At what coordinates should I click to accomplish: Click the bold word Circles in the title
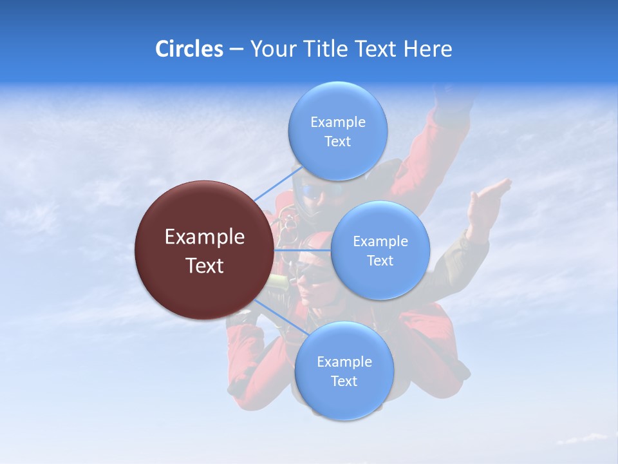coord(189,49)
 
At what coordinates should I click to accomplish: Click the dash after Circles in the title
coord(236,50)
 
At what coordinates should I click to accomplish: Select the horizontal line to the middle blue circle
coord(303,249)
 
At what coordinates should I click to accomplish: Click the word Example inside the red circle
coord(205,237)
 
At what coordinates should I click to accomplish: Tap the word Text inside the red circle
coord(205,266)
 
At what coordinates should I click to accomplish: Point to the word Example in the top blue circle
coord(337,122)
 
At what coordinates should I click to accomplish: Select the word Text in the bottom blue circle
coord(344,382)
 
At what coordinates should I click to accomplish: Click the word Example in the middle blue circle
coord(380,242)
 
